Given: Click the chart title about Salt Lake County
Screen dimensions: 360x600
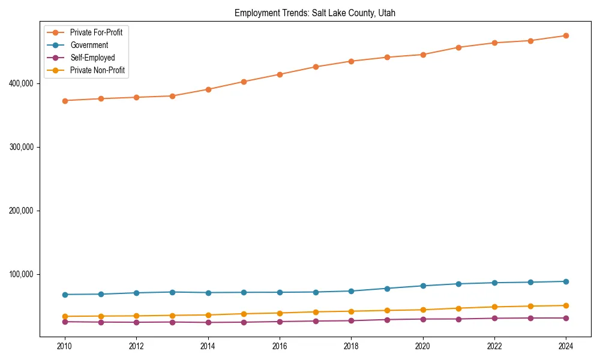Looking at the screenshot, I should [x=315, y=13].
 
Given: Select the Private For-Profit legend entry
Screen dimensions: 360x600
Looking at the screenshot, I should [x=96, y=32].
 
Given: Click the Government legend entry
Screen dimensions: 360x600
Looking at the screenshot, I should [x=89, y=45].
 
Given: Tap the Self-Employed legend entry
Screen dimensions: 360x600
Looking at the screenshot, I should [x=92, y=58].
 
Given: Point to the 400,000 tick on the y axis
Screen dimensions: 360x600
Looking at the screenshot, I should [x=21, y=83].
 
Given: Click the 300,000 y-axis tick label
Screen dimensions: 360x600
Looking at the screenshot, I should [x=21, y=147].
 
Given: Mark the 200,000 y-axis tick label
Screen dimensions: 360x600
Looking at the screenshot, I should [x=21, y=211].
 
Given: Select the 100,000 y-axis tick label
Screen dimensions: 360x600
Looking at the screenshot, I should [x=21, y=274].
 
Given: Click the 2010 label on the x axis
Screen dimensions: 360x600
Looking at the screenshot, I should [x=65, y=346].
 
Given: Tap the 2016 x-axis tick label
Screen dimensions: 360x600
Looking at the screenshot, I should [x=280, y=346].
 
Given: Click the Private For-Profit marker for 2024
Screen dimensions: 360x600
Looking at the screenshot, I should [x=566, y=36].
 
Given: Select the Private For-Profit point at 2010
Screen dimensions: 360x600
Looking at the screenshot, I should [x=65, y=101].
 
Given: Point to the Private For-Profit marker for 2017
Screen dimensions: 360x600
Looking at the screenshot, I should [x=316, y=67].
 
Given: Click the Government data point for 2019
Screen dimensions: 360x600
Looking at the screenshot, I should [x=387, y=289].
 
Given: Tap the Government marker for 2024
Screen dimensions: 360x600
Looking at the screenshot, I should [x=566, y=281].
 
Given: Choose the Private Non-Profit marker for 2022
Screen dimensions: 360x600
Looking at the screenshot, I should [x=494, y=307].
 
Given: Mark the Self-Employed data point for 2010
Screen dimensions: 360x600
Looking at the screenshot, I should [x=65, y=322].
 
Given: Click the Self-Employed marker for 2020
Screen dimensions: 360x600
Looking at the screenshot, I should [x=423, y=319].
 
